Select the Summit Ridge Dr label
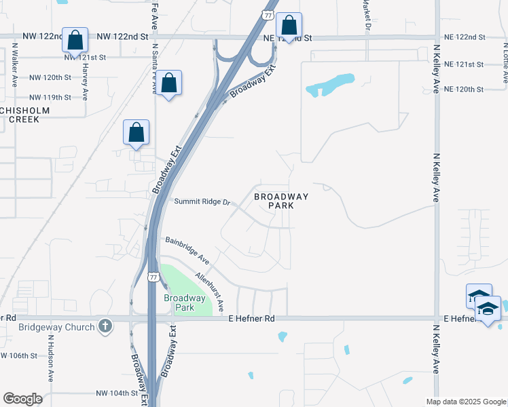[x=203, y=202]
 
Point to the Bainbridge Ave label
[x=187, y=250]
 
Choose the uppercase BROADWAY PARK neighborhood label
[x=281, y=201]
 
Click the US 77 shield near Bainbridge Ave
[x=155, y=277]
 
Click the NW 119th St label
[x=50, y=97]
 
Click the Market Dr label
[x=366, y=17]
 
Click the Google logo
[x=22, y=399]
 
